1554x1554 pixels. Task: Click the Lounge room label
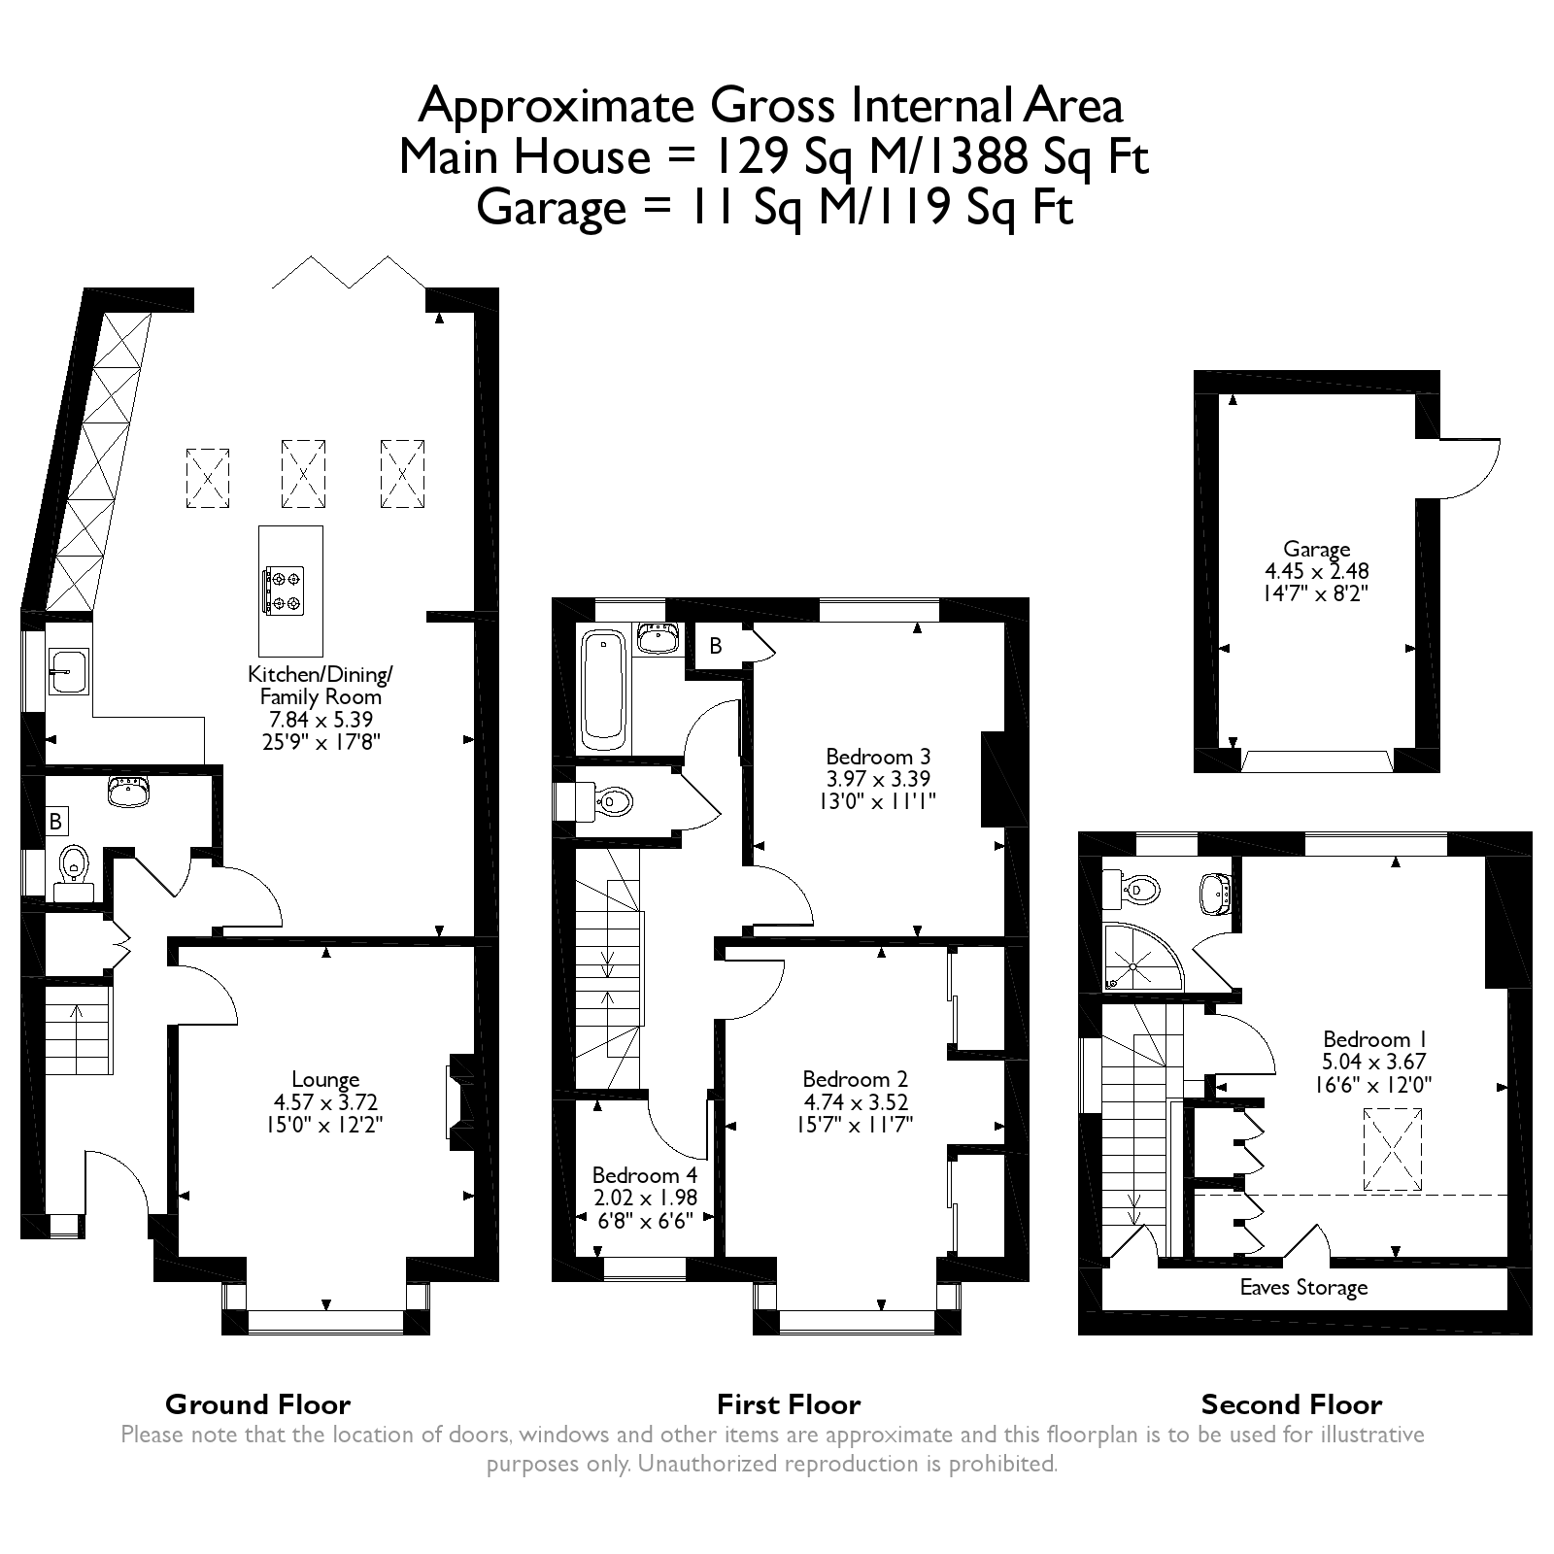(x=325, y=1079)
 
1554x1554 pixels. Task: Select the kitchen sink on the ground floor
(x=67, y=671)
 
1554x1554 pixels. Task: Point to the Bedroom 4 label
(x=644, y=1175)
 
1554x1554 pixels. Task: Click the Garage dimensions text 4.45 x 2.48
(x=1316, y=571)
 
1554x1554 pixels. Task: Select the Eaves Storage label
(x=1303, y=1288)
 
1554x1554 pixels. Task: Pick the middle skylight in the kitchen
(x=303, y=474)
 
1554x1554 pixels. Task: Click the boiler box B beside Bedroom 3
(x=716, y=647)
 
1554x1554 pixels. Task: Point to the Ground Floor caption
(x=257, y=1404)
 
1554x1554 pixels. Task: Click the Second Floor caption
(x=1291, y=1404)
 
